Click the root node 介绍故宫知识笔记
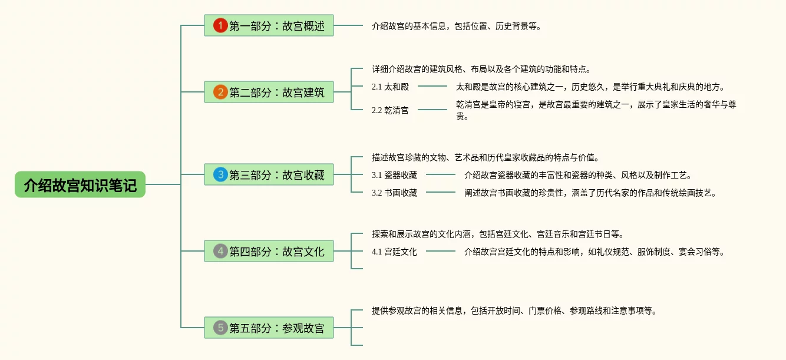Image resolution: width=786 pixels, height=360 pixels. pos(80,185)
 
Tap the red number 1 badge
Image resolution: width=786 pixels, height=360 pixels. pos(220,25)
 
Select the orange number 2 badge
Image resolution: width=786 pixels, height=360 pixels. pos(220,92)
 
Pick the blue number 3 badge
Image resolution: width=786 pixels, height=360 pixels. pos(220,174)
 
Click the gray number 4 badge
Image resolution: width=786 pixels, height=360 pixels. pos(220,251)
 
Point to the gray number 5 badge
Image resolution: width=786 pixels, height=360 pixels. pos(220,328)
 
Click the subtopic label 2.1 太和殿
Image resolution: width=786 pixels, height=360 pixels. pos(390,87)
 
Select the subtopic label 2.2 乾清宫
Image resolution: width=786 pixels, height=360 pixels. pos(390,110)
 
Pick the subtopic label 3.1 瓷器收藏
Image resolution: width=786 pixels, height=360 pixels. pos(394,175)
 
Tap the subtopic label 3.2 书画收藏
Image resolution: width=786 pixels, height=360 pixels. pos(394,193)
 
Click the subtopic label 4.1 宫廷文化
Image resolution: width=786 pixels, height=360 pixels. pos(394,252)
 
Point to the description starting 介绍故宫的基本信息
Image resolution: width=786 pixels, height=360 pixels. pos(456,26)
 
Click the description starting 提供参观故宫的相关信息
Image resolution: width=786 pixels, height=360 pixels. pos(514,311)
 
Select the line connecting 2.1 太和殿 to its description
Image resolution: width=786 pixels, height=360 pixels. pos(432,87)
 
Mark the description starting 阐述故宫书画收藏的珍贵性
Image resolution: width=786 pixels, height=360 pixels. pos(590,193)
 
